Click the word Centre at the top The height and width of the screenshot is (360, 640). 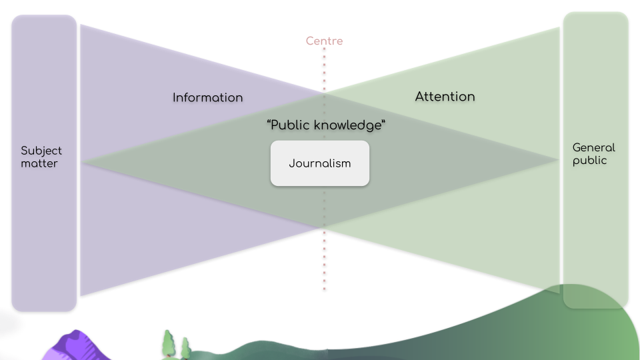click(324, 41)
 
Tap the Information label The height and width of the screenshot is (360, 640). click(207, 97)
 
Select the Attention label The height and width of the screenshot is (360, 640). click(445, 97)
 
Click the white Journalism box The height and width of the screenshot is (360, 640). click(319, 163)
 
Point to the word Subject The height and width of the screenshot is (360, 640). click(41, 151)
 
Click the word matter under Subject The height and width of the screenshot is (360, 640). click(39, 163)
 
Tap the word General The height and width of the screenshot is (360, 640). click(593, 147)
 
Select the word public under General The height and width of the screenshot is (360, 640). click(589, 160)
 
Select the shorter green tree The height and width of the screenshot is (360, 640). click(185, 347)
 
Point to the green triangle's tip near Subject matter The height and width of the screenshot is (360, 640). click(83, 161)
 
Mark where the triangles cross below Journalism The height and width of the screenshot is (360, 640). click(325, 229)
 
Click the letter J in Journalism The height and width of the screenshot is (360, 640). click(291, 163)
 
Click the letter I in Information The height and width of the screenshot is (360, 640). click(175, 97)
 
